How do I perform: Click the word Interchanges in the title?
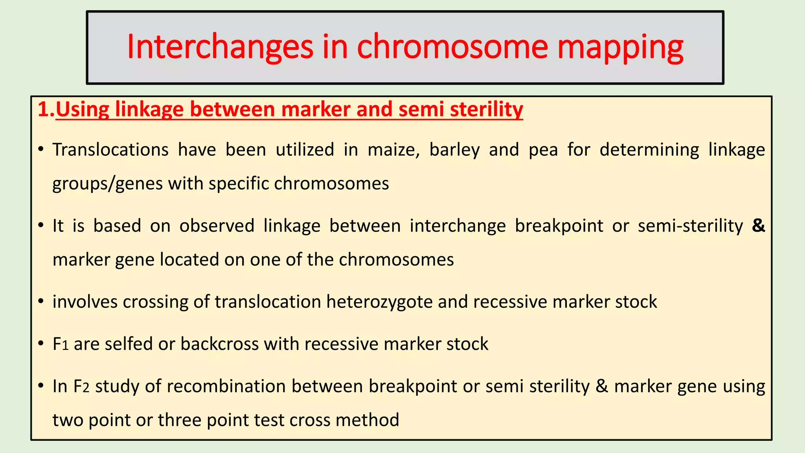point(220,47)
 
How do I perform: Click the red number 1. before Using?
point(46,109)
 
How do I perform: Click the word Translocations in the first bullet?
point(110,150)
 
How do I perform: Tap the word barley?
point(454,150)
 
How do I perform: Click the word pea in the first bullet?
point(543,150)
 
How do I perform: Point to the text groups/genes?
point(107,184)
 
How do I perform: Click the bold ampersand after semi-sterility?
point(758,226)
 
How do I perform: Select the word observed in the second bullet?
point(217,226)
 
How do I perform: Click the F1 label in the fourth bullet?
point(61,344)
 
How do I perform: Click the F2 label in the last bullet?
point(81,386)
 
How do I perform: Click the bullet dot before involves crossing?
point(41,302)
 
